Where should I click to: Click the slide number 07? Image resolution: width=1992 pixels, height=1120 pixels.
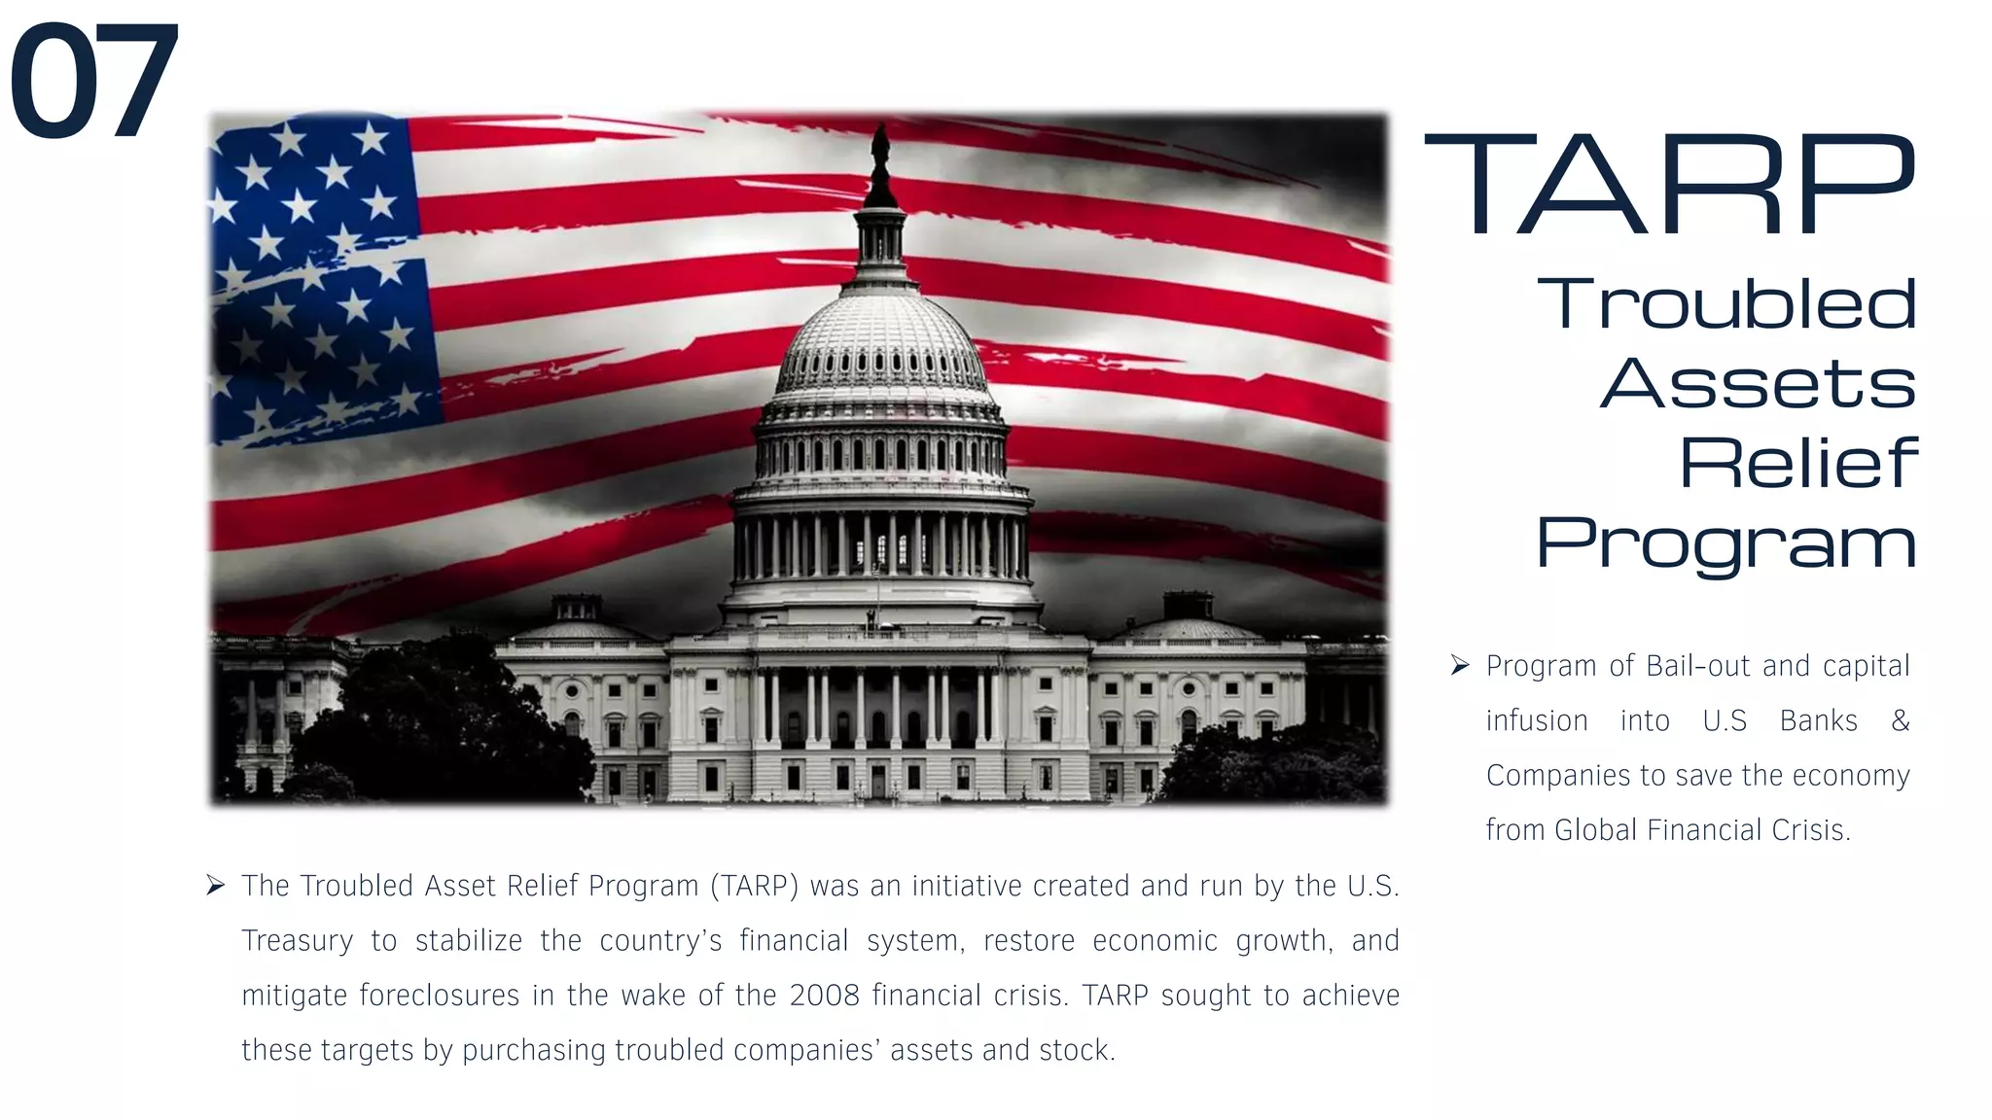coord(94,82)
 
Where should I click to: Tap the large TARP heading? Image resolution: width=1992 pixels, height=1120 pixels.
coord(1669,186)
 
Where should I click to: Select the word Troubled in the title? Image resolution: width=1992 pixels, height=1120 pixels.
coord(1726,303)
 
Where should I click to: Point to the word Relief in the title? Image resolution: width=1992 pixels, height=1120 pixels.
coord(1798,463)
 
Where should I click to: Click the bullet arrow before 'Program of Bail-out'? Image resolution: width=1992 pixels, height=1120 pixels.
coord(1459,665)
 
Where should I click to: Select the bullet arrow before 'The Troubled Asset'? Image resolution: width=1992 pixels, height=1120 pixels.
coord(215,885)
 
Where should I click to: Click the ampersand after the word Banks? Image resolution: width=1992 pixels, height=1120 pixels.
coord(1900,720)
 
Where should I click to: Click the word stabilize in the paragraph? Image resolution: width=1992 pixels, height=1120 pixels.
coord(468,941)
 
